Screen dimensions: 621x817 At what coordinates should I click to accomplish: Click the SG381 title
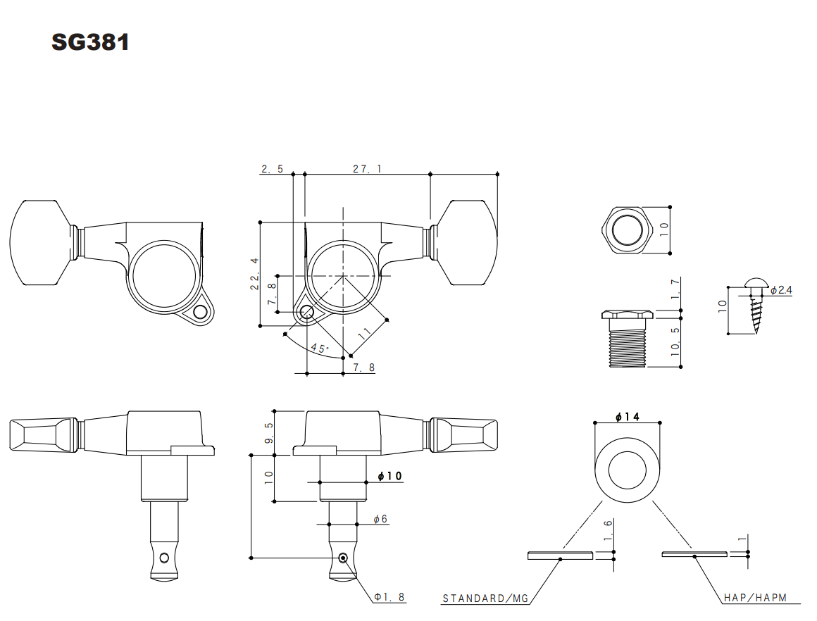click(x=90, y=42)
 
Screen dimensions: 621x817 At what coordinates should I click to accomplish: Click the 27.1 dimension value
click(x=366, y=168)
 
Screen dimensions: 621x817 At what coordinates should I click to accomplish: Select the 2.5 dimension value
click(x=272, y=168)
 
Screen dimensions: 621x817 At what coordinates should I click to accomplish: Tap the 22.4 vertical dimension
click(x=254, y=272)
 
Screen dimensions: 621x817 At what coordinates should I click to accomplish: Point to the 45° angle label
click(x=320, y=349)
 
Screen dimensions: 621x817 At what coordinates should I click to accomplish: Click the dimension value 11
click(x=364, y=334)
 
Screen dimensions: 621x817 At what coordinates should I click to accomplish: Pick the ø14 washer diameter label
click(x=627, y=417)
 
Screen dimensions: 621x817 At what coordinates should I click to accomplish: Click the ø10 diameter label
click(x=389, y=477)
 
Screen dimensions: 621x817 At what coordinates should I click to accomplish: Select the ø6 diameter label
click(x=380, y=519)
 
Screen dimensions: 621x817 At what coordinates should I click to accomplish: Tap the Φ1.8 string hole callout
click(x=389, y=596)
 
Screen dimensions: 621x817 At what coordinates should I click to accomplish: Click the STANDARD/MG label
click(x=485, y=598)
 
